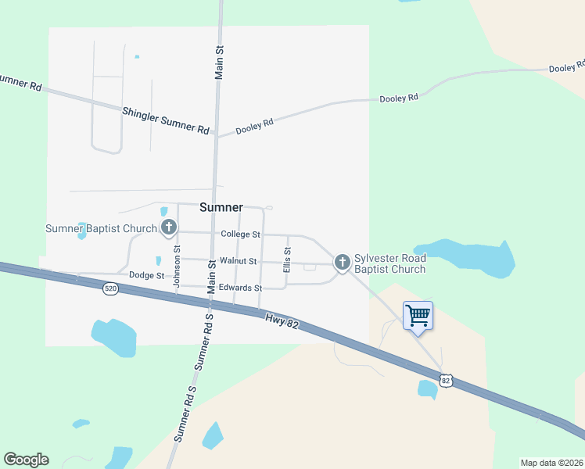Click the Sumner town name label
coord(221,207)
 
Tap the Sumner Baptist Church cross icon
coord(168,227)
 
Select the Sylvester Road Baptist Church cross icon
coord(342,263)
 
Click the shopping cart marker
coord(418,315)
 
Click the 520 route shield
coord(110,288)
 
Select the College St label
coord(240,234)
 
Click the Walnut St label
coord(239,260)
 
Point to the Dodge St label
coord(146,275)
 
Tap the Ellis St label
coord(287,259)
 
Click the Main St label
coord(220,61)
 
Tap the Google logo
coord(26,460)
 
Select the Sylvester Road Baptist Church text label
coord(390,263)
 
